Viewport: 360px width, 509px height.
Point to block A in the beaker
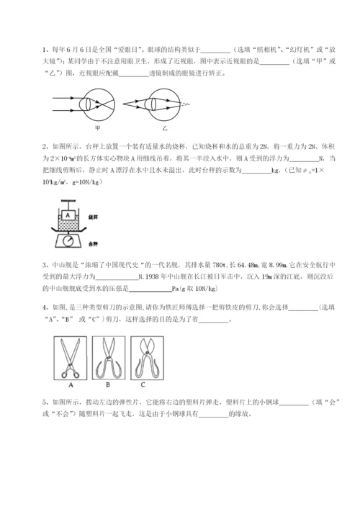point(66,215)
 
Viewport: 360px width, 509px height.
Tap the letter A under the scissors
point(71,374)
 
